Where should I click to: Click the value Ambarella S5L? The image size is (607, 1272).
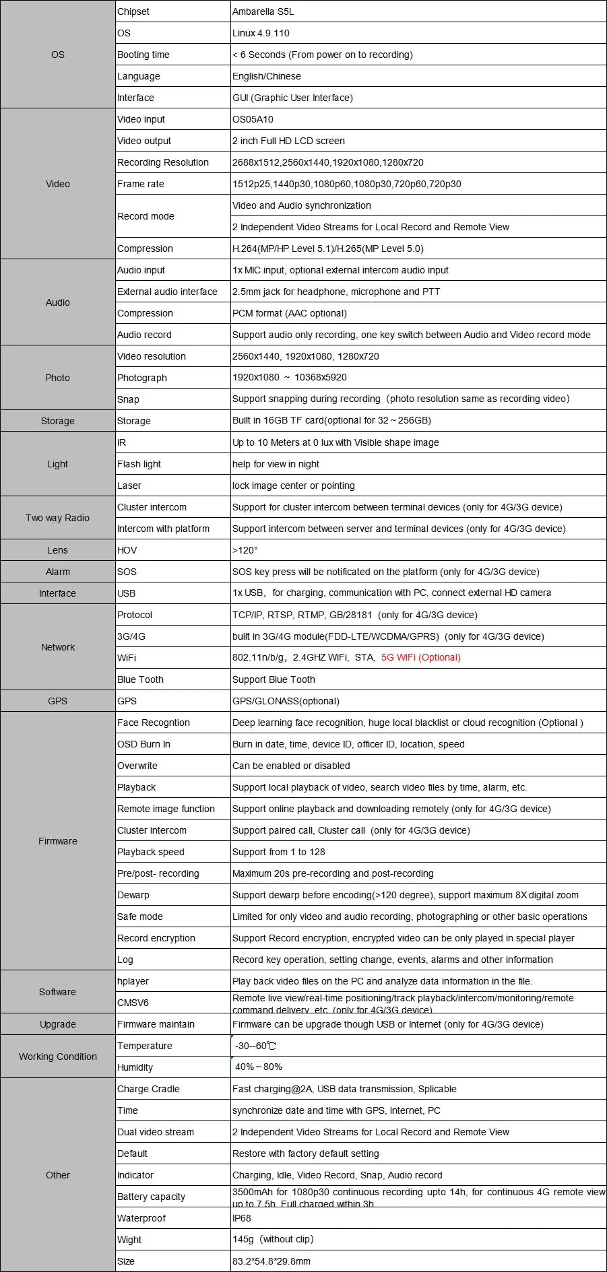[x=263, y=11]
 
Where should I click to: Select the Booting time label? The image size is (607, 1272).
[x=143, y=55]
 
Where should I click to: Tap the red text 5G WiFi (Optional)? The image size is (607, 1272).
[x=421, y=657]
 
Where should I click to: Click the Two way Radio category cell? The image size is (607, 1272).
[x=58, y=518]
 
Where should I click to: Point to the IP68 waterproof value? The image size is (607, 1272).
[x=242, y=1218]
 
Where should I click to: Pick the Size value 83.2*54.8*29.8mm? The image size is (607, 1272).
[x=271, y=1261]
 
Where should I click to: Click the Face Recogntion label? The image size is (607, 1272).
[x=154, y=723]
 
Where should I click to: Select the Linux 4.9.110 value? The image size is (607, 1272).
[x=261, y=33]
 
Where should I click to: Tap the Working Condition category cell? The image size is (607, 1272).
[x=58, y=1057]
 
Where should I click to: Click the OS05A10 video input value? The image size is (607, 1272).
[x=253, y=119]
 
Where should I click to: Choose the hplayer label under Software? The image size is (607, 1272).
[x=133, y=981]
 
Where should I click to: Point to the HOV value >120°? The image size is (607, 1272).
[x=245, y=550]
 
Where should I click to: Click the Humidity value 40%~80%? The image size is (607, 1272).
[x=259, y=1067]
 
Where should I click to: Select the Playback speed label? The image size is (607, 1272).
[x=151, y=852]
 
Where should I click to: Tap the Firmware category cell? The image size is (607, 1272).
[x=58, y=841]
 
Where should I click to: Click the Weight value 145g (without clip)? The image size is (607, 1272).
[x=273, y=1239]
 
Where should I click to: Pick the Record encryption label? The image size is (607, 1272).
[x=156, y=938]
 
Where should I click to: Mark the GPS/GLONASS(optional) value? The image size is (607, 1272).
[x=286, y=701]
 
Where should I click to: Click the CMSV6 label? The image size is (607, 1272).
[x=133, y=1003]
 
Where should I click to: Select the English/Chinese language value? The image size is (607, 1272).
[x=267, y=76]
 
